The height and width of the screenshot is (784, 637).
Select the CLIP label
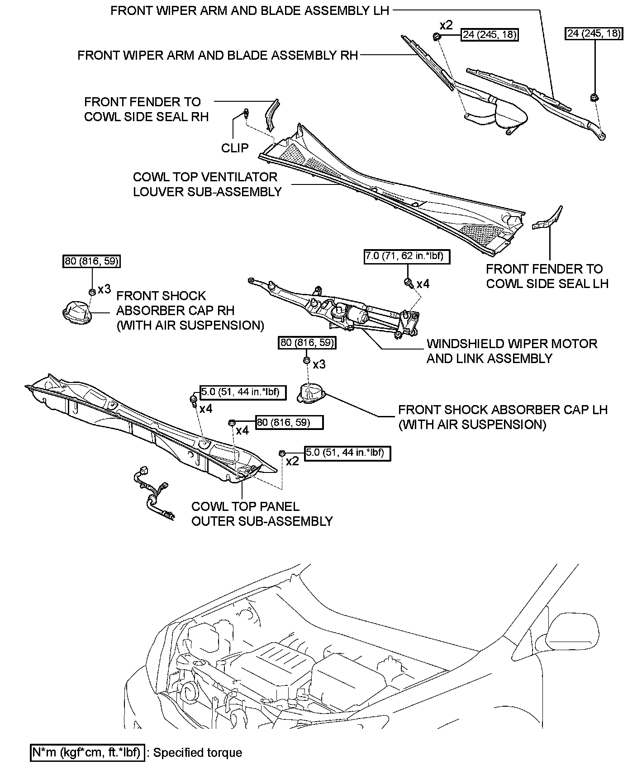234,148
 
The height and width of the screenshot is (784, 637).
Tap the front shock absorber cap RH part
76,312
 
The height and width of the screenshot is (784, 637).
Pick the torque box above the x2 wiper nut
489,35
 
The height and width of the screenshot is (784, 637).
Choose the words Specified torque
198,752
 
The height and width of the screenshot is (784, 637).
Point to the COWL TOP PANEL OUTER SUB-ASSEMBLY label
261,514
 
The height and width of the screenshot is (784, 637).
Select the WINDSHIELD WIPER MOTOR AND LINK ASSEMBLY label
512,351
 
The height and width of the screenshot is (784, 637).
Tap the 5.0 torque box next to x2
347,453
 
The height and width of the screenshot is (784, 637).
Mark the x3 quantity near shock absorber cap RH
104,289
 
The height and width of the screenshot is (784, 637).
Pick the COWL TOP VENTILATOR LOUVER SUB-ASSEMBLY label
207,184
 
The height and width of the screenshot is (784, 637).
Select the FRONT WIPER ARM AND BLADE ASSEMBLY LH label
249,11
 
